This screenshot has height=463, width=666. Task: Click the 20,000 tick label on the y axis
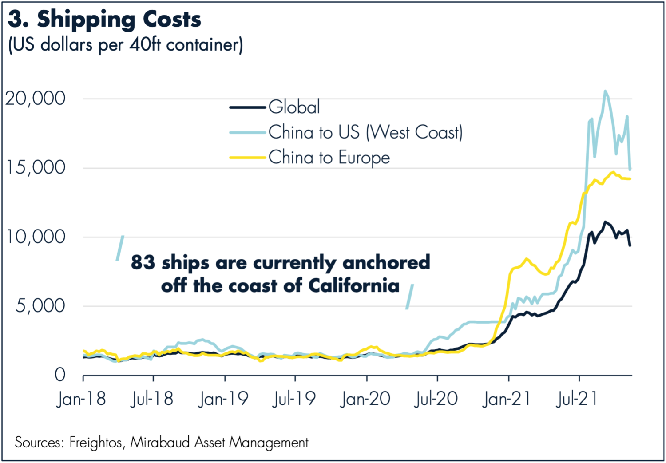click(x=36, y=99)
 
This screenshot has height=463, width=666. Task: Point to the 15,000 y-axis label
click(x=36, y=168)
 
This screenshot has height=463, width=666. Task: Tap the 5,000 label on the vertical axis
click(x=40, y=306)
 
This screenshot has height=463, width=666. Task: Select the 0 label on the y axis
click(x=60, y=375)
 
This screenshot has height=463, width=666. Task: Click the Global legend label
click(x=294, y=107)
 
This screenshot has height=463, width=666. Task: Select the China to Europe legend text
click(x=329, y=158)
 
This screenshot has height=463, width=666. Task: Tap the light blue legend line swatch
click(x=247, y=132)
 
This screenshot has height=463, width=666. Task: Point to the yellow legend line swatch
click(x=247, y=157)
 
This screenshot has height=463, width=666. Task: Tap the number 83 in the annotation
click(x=143, y=262)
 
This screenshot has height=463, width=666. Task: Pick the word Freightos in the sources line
click(x=96, y=442)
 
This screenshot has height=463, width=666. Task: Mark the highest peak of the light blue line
click(x=605, y=91)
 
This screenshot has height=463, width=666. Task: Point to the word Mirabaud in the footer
click(x=160, y=442)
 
